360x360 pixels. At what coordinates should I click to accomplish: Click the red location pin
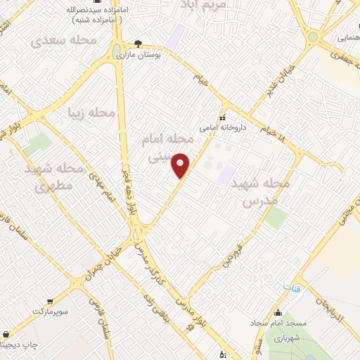click(x=181, y=165)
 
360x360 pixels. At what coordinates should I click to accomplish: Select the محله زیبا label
click(x=91, y=112)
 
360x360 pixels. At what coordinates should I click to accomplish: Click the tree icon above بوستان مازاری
click(x=138, y=43)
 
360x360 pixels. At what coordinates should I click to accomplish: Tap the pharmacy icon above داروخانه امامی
click(x=222, y=117)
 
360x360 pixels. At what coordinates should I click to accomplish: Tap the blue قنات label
click(x=291, y=288)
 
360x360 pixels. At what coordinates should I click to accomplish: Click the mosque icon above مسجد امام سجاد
click(x=278, y=312)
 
